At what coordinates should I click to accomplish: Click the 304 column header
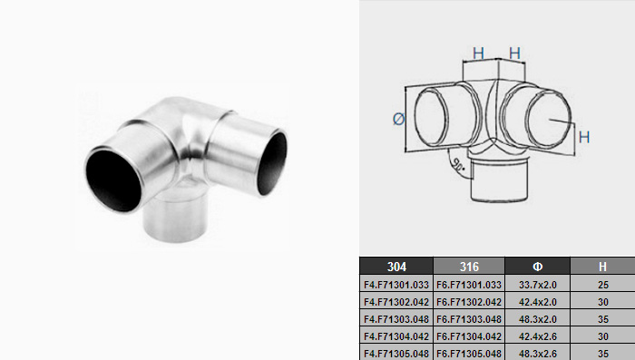396,266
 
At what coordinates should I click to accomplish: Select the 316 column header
469,266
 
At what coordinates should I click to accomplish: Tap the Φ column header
537,266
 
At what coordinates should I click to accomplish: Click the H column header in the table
602,266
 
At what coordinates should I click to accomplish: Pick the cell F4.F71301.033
396,285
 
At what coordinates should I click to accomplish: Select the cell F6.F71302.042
469,302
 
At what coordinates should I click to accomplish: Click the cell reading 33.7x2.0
537,285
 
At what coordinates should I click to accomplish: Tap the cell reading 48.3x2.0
537,319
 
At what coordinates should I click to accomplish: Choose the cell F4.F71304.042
396,336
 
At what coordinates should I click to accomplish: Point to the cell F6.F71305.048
469,353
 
